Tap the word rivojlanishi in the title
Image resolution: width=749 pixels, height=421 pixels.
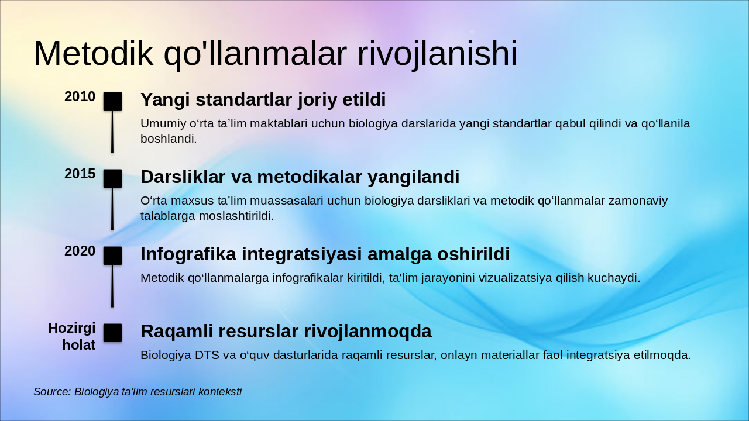click(x=437, y=54)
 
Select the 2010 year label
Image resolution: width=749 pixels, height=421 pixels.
click(x=80, y=97)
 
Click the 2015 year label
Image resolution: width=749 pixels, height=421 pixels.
click(x=80, y=174)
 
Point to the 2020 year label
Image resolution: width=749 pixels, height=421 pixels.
click(x=80, y=251)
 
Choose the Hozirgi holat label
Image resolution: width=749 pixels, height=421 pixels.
click(x=72, y=337)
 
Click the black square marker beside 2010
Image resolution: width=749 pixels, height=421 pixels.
click(x=112, y=101)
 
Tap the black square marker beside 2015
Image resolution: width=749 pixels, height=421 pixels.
click(x=112, y=178)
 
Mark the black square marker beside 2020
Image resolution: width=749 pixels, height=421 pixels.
click(x=112, y=256)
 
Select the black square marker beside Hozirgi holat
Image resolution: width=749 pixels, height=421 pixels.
click(x=112, y=333)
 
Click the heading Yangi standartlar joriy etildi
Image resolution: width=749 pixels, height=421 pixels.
click(x=263, y=100)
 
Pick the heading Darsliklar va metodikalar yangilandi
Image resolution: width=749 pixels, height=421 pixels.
click(x=300, y=177)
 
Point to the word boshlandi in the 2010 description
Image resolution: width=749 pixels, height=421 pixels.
click(x=168, y=139)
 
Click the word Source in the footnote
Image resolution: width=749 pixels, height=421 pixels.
click(x=51, y=392)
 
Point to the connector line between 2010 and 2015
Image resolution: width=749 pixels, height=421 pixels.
click(x=112, y=132)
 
